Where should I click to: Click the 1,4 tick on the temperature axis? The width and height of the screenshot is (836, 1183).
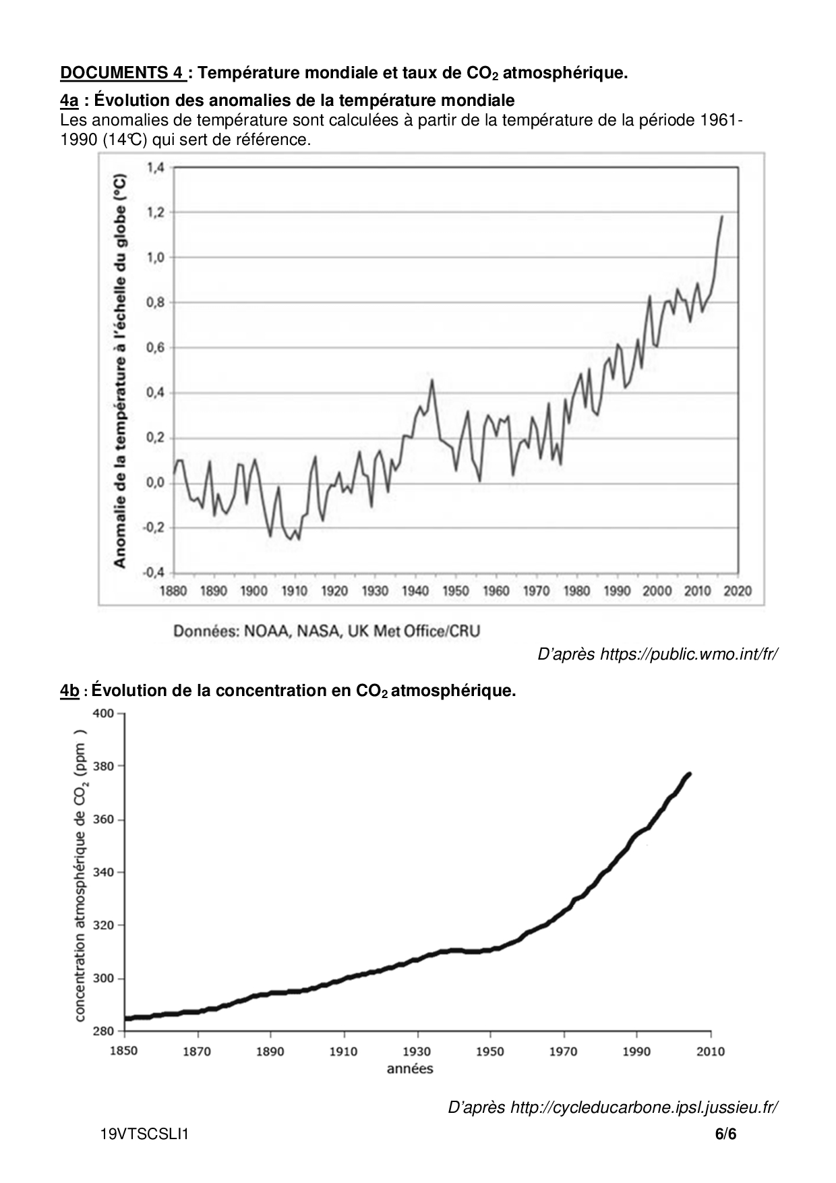tap(155, 167)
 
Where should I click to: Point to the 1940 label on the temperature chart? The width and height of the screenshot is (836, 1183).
tap(415, 591)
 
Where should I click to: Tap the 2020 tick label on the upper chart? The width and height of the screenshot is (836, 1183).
tap(738, 591)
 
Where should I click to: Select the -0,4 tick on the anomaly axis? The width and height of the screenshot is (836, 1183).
tap(153, 573)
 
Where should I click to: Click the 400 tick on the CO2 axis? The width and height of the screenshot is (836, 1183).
tap(102, 713)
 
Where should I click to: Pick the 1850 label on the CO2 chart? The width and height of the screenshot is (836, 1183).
tap(125, 1051)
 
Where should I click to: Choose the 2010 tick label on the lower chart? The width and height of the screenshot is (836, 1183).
tap(710, 1051)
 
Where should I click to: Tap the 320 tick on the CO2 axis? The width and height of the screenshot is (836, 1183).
tap(102, 925)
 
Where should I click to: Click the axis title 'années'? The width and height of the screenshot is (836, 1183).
tap(410, 1068)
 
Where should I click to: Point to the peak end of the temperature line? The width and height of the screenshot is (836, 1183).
tap(722, 217)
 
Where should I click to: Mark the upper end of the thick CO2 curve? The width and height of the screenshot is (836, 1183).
tap(689, 774)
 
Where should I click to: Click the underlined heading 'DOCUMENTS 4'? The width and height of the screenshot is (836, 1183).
tap(122, 73)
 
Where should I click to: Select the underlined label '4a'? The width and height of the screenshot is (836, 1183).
tap(69, 100)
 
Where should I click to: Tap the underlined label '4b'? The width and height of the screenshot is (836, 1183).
tap(70, 691)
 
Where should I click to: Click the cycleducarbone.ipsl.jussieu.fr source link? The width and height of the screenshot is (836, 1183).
tap(645, 1107)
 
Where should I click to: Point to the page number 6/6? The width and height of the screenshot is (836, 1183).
tap(726, 1134)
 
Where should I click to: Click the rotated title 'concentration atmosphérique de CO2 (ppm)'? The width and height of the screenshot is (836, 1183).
tap(80, 875)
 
